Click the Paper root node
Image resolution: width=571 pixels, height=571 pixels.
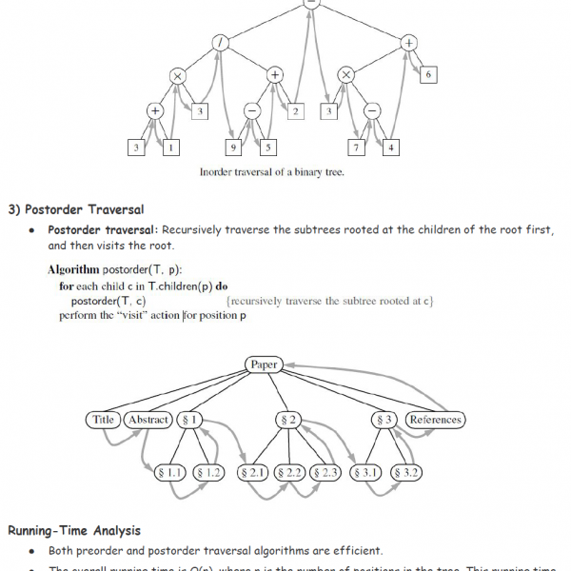(x=264, y=364)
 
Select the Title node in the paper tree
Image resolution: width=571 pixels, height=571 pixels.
(x=103, y=420)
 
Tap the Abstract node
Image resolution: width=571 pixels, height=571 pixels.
(x=148, y=420)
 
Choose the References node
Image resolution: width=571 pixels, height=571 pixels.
(x=435, y=420)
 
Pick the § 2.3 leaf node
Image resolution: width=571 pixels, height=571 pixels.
(x=325, y=472)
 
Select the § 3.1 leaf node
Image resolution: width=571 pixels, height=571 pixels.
(x=367, y=472)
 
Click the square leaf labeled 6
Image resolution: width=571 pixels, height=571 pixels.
(x=428, y=74)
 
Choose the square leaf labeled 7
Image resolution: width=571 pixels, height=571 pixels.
(x=356, y=148)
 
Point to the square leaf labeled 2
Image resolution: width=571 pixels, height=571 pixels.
(x=296, y=112)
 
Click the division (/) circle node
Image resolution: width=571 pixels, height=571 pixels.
(x=220, y=43)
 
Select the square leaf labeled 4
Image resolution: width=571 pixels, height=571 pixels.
(x=391, y=148)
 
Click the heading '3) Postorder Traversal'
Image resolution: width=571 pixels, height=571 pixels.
(x=76, y=208)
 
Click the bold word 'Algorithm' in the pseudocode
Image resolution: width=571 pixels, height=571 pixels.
(x=72, y=270)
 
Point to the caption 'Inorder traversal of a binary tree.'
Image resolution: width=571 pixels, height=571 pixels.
(x=271, y=173)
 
